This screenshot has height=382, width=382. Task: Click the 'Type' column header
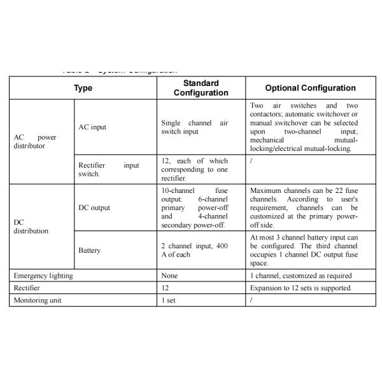(x=83, y=88)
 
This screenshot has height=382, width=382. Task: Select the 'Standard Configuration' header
(x=201, y=88)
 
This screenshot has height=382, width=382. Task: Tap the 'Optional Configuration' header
(x=310, y=88)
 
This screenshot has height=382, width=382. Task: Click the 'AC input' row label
(x=92, y=127)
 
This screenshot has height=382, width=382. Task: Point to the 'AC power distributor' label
(x=34, y=141)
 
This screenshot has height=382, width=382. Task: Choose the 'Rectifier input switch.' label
(x=108, y=169)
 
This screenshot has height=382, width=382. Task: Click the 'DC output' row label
(x=94, y=208)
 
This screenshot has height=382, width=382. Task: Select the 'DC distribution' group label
(x=31, y=227)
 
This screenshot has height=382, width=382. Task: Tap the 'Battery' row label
(x=89, y=250)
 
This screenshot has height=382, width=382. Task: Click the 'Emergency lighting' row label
(x=43, y=276)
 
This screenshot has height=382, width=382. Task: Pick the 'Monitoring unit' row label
(x=38, y=300)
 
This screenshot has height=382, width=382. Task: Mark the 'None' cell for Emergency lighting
(x=169, y=276)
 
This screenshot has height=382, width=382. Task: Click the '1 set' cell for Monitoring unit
(x=168, y=300)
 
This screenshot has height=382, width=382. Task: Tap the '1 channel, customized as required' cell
(x=301, y=276)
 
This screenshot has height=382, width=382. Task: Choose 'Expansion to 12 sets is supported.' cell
(x=301, y=288)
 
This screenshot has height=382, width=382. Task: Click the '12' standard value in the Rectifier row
(x=165, y=288)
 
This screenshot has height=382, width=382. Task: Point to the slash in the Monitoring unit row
(x=251, y=300)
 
